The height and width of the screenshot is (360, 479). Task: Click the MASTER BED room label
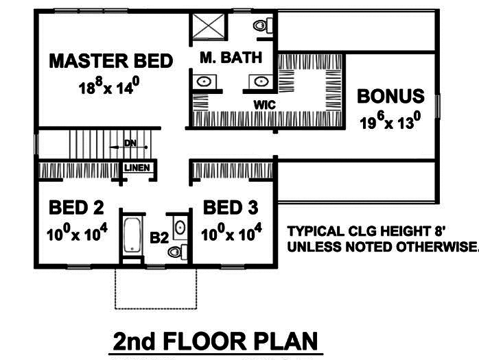(x=110, y=61)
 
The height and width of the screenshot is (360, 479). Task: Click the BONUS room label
(x=390, y=95)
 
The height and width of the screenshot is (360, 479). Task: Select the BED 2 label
(x=75, y=207)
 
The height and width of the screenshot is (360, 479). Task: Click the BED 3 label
(x=231, y=207)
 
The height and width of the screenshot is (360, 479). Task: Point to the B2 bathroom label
(x=159, y=237)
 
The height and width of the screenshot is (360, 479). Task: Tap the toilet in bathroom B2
(x=176, y=251)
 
